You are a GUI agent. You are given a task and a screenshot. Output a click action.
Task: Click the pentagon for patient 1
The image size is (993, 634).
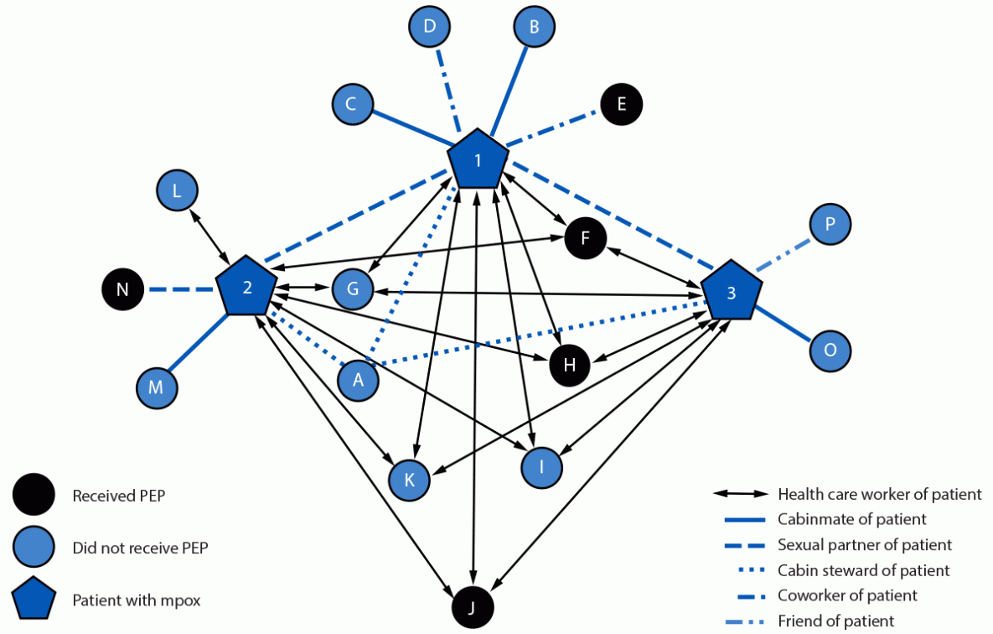click(478, 159)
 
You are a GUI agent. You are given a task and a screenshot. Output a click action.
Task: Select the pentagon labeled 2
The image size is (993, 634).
click(247, 288)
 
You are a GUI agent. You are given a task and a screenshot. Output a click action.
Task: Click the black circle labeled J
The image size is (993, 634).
click(473, 607)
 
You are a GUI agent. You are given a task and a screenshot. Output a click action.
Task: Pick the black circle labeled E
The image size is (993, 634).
click(621, 105)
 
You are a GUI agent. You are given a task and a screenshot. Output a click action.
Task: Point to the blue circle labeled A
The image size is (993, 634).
click(359, 380)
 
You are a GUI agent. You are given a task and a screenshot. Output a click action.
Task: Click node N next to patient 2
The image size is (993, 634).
click(122, 290)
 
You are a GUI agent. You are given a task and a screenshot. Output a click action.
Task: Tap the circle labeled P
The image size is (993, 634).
click(830, 224)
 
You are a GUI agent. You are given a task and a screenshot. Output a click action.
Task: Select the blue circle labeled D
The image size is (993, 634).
click(430, 27)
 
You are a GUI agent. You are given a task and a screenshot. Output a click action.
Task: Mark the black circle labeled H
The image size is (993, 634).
click(570, 365)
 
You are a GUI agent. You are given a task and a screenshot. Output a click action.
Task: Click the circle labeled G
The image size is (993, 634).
click(353, 289)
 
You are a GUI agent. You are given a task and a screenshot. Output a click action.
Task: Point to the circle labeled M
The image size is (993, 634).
click(157, 388)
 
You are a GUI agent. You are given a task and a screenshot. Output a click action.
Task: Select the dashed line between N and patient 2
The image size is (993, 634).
click(181, 290)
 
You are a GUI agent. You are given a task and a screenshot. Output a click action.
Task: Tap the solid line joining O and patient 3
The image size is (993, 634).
click(783, 325)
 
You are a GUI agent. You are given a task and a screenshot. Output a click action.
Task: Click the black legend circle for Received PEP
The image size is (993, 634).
click(34, 496)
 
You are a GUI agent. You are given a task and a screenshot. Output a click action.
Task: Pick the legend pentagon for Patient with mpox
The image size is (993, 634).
click(34, 600)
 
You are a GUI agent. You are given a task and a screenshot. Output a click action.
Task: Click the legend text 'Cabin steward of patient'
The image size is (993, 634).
click(863, 570)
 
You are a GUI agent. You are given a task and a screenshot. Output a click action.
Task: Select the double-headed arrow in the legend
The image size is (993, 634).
click(740, 495)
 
